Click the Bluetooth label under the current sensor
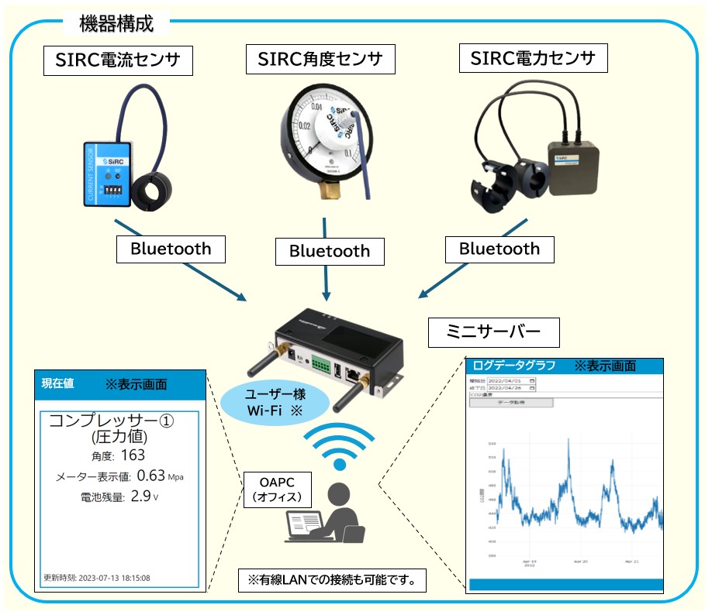coord(171,249)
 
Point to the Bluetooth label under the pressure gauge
coord(329,251)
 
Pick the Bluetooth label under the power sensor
coord(499,249)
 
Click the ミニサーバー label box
coord(494,333)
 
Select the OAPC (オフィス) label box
coord(271,489)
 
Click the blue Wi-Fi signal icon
coord(338,447)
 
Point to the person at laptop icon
coord(326,515)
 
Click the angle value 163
coord(133,455)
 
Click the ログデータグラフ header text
coord(513,366)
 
